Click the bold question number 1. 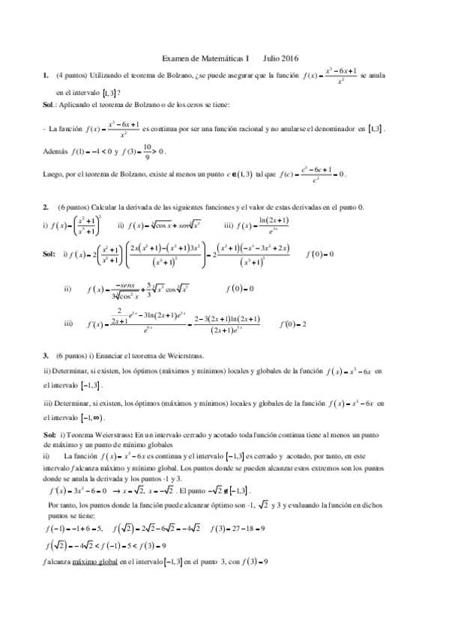[x=46, y=75]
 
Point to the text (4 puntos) [x=70, y=75]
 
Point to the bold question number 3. [x=46, y=355]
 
